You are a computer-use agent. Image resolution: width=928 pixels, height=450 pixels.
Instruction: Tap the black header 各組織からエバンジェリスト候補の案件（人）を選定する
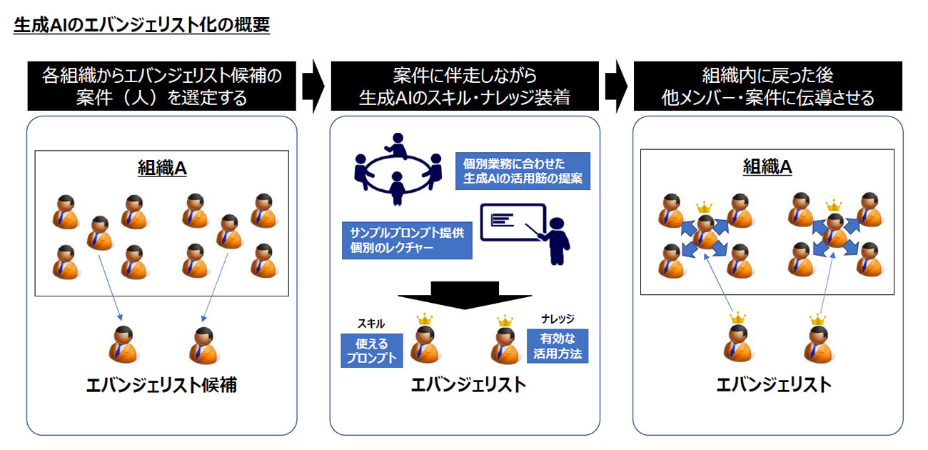(x=161, y=86)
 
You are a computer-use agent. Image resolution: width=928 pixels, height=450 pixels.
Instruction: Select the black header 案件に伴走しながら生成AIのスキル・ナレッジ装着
(x=464, y=86)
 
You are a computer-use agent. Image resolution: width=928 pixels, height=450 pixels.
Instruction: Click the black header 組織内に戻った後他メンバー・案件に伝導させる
(x=767, y=86)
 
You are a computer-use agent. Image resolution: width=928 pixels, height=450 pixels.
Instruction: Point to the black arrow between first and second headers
(x=312, y=86)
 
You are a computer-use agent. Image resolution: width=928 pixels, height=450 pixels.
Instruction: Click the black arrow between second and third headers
(x=615, y=86)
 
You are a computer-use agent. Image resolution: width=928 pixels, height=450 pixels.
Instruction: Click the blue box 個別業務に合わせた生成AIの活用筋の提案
(x=523, y=171)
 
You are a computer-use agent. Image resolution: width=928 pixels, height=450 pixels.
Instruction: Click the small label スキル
(x=370, y=324)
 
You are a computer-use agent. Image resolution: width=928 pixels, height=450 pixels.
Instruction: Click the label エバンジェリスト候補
(x=161, y=386)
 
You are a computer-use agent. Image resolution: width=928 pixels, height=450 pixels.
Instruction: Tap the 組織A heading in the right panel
(x=767, y=167)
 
